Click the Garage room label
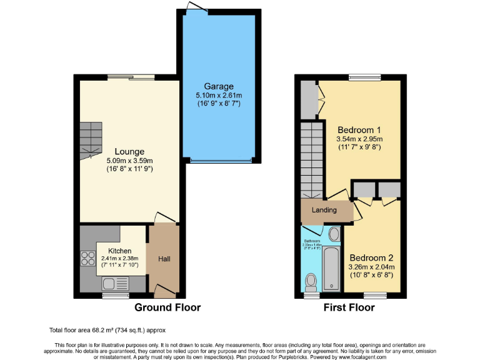click(x=218, y=86)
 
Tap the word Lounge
click(x=129, y=151)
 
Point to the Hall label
click(x=164, y=259)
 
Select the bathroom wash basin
click(x=334, y=235)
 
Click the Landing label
click(x=324, y=210)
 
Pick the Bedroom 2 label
click(x=371, y=257)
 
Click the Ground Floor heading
click(x=167, y=308)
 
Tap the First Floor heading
click(x=349, y=308)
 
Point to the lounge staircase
click(x=90, y=139)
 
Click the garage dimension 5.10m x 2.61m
click(x=218, y=95)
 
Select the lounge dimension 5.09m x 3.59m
click(x=129, y=161)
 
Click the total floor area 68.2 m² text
click(x=107, y=329)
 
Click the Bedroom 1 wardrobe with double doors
click(x=310, y=99)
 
